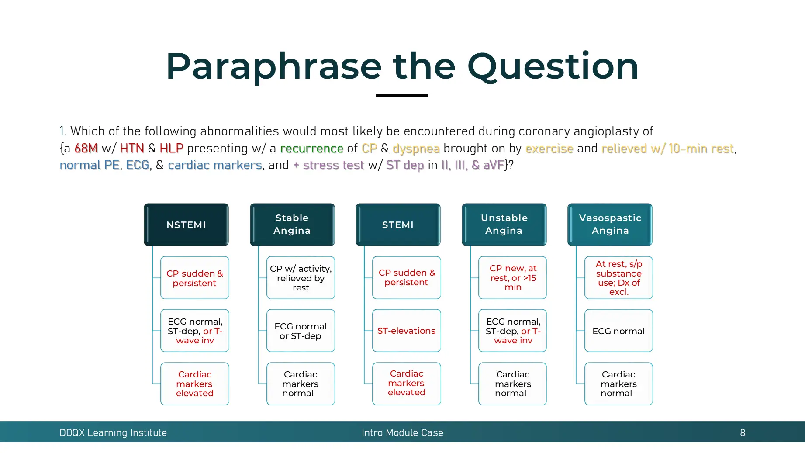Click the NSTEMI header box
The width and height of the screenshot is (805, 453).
point(186,225)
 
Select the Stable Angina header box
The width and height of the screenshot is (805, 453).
point(292,225)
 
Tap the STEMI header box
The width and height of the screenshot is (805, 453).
point(398,225)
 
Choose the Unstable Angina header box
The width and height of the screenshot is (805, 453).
point(504,225)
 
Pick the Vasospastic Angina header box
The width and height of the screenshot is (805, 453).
point(610,225)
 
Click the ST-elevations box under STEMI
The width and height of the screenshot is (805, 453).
point(406,331)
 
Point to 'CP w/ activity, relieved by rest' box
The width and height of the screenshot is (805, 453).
point(301,278)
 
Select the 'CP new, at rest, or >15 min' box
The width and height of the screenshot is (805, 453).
point(512,278)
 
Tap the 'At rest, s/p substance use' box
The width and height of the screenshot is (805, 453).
point(618,278)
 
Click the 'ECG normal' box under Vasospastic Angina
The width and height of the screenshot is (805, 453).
point(618,331)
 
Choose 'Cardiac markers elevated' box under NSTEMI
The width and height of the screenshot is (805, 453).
point(195,384)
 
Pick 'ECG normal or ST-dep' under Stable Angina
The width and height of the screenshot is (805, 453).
point(301,331)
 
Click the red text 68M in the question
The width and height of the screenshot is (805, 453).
point(86,149)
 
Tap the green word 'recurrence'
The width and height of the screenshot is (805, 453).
point(311,149)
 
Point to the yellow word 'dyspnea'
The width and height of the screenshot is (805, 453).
point(416,149)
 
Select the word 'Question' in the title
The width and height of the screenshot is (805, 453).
point(553,66)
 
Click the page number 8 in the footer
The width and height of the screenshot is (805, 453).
point(742,432)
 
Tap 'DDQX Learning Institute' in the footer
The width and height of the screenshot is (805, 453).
point(113,432)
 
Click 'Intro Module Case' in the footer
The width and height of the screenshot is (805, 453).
point(402,432)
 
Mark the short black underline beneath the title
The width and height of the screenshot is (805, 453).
point(402,95)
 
